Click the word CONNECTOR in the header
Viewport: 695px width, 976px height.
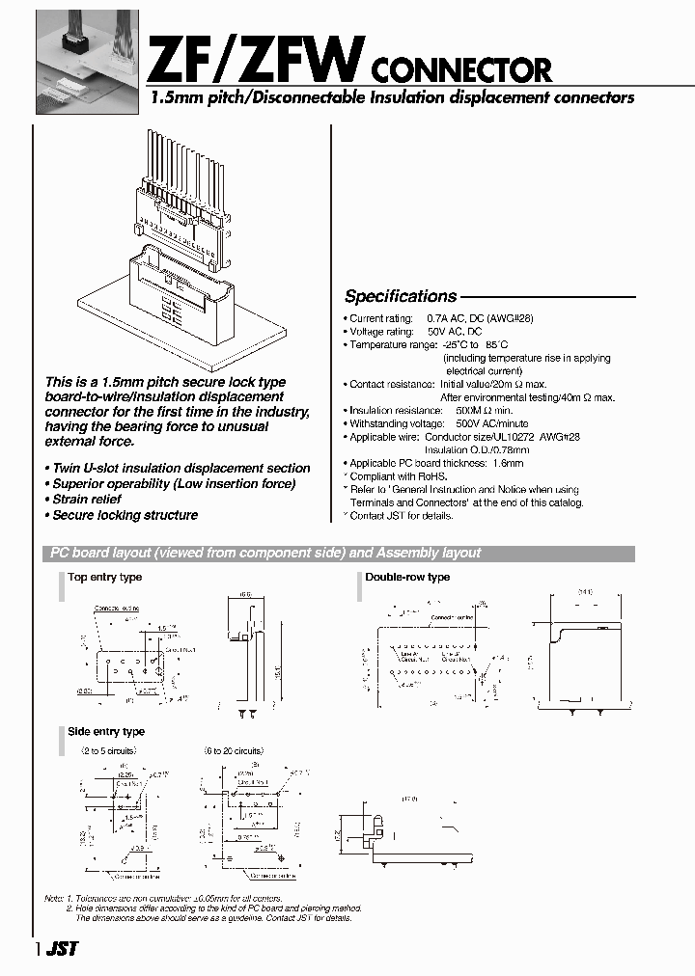click(461, 69)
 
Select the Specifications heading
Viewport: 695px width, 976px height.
click(401, 296)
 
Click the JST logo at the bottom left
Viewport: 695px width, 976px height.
click(61, 949)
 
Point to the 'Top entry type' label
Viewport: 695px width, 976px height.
click(105, 577)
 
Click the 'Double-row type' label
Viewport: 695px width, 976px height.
click(406, 577)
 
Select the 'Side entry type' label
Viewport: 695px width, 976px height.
click(106, 732)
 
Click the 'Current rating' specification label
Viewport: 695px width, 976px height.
click(379, 318)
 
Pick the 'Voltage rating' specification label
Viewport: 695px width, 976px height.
click(379, 332)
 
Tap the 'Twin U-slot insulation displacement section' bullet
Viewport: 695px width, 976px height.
click(178, 468)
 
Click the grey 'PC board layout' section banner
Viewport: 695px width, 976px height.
click(338, 553)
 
